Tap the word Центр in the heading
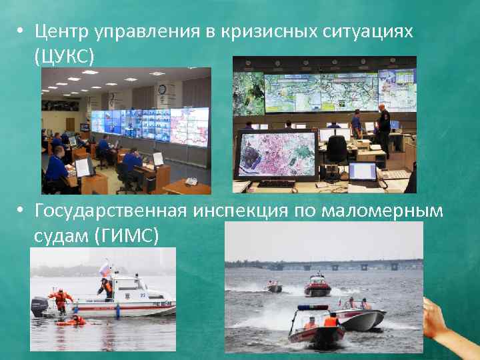(x=62, y=31)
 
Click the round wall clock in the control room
(x=161, y=89)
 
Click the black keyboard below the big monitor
(x=276, y=183)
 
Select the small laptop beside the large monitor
(x=363, y=171)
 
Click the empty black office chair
(x=337, y=150)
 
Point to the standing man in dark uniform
(x=383, y=127)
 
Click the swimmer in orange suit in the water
(x=71, y=321)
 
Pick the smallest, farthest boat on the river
(x=274, y=287)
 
